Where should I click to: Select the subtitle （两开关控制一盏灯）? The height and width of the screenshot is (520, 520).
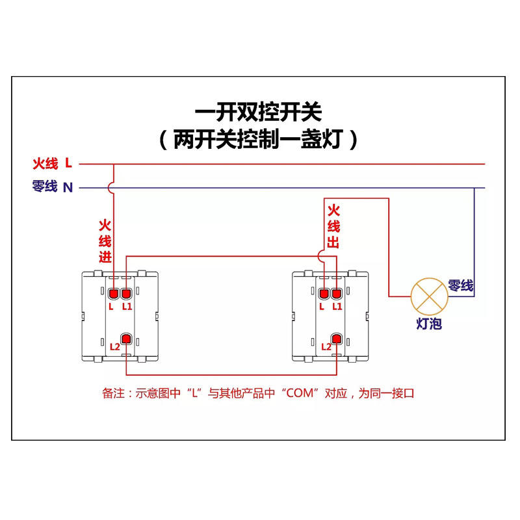[259, 139]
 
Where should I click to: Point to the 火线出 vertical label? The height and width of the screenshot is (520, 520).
[333, 226]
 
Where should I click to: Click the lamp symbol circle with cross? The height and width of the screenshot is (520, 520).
[429, 296]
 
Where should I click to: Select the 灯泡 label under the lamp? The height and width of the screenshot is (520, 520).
[429, 323]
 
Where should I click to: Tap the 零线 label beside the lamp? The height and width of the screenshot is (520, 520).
[460, 285]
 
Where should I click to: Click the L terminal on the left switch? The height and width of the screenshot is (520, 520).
[113, 293]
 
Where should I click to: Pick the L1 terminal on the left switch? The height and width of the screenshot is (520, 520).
[127, 293]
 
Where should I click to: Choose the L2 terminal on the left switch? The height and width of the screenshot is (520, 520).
[127, 339]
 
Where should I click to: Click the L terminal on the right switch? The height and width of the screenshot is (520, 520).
[323, 293]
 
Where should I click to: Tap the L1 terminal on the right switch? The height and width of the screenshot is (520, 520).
[337, 293]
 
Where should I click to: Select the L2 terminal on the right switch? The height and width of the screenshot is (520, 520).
[337, 339]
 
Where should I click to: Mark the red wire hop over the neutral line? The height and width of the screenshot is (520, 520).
[113, 188]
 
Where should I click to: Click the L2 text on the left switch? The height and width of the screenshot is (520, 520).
[115, 346]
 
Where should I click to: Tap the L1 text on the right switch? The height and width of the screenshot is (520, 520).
[337, 306]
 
